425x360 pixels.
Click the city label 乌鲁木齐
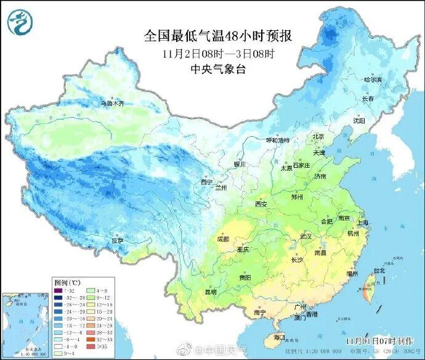[x=113, y=104]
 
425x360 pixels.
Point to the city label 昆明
[x=210, y=292]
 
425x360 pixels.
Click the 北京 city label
[x=318, y=136]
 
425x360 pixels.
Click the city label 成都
[x=222, y=239]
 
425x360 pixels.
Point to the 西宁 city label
[x=206, y=182]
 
